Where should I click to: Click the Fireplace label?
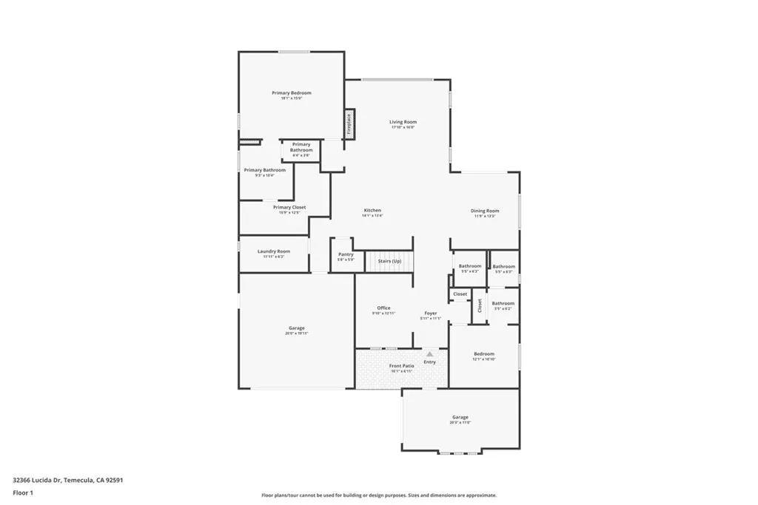348,123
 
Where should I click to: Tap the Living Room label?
403,122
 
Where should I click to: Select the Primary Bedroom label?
292,93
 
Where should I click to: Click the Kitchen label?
372,211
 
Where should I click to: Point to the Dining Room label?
485,211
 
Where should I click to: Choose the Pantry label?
346,254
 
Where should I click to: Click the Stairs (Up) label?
389,261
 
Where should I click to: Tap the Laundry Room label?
274,251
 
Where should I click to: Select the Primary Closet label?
289,208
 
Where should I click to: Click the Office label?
383,308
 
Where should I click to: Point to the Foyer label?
431,313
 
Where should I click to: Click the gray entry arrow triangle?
429,354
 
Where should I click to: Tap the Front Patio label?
402,366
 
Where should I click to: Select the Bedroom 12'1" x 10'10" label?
484,354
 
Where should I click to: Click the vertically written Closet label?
480,305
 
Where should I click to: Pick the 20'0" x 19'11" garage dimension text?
296,333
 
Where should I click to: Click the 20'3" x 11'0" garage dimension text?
460,422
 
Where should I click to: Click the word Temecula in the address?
79,479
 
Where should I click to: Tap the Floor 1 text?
23,492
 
